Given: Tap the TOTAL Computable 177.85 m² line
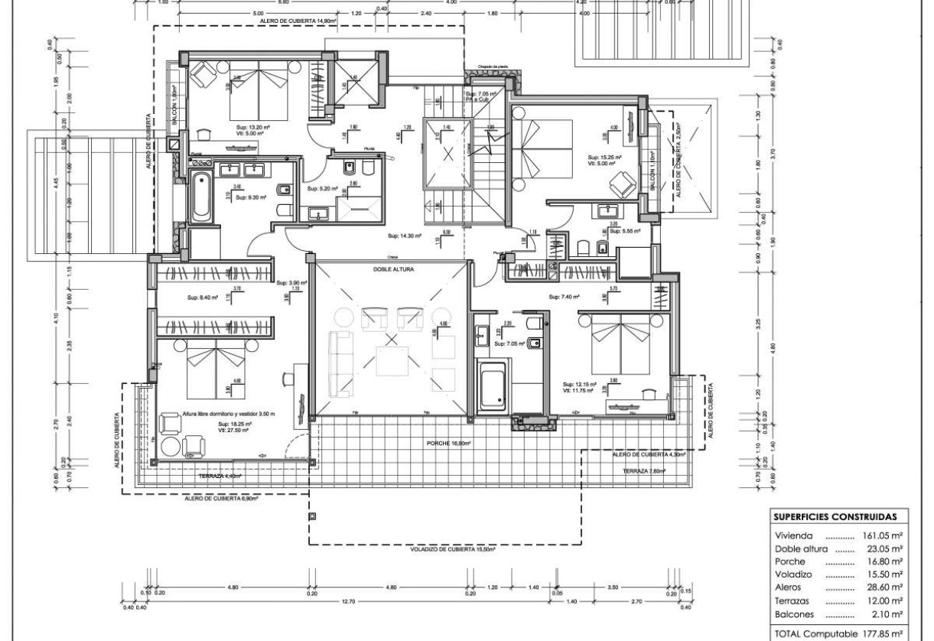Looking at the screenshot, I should click(838, 633).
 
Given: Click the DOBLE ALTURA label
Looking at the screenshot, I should click(390, 270).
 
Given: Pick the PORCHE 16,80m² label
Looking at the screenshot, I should click(448, 443).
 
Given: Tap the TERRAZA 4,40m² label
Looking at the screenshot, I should click(220, 476).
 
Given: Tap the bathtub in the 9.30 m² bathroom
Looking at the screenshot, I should click(200, 197).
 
